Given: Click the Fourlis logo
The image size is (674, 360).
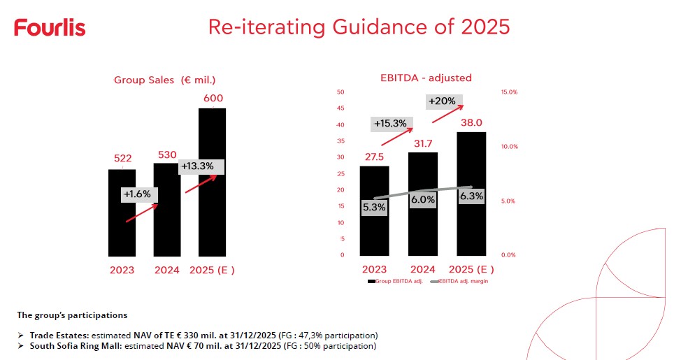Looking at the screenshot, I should (x=50, y=28).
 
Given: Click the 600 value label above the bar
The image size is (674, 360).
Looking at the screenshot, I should (x=213, y=99).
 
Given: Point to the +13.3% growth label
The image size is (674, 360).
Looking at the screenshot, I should (x=202, y=166).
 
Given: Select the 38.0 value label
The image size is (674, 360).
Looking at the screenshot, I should (x=471, y=122).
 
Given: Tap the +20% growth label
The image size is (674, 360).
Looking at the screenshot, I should (x=441, y=101).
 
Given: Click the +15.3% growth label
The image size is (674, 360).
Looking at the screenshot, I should (x=391, y=124).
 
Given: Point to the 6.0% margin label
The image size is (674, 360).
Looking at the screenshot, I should (x=423, y=199).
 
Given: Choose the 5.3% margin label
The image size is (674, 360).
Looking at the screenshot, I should (x=375, y=207).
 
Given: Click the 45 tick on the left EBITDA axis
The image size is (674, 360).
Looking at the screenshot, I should (x=340, y=108).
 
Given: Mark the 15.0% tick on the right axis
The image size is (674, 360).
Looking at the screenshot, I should (x=508, y=92).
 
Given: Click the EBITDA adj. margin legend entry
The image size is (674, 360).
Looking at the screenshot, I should (x=461, y=281).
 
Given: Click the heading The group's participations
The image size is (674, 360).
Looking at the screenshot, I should (x=72, y=315).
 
